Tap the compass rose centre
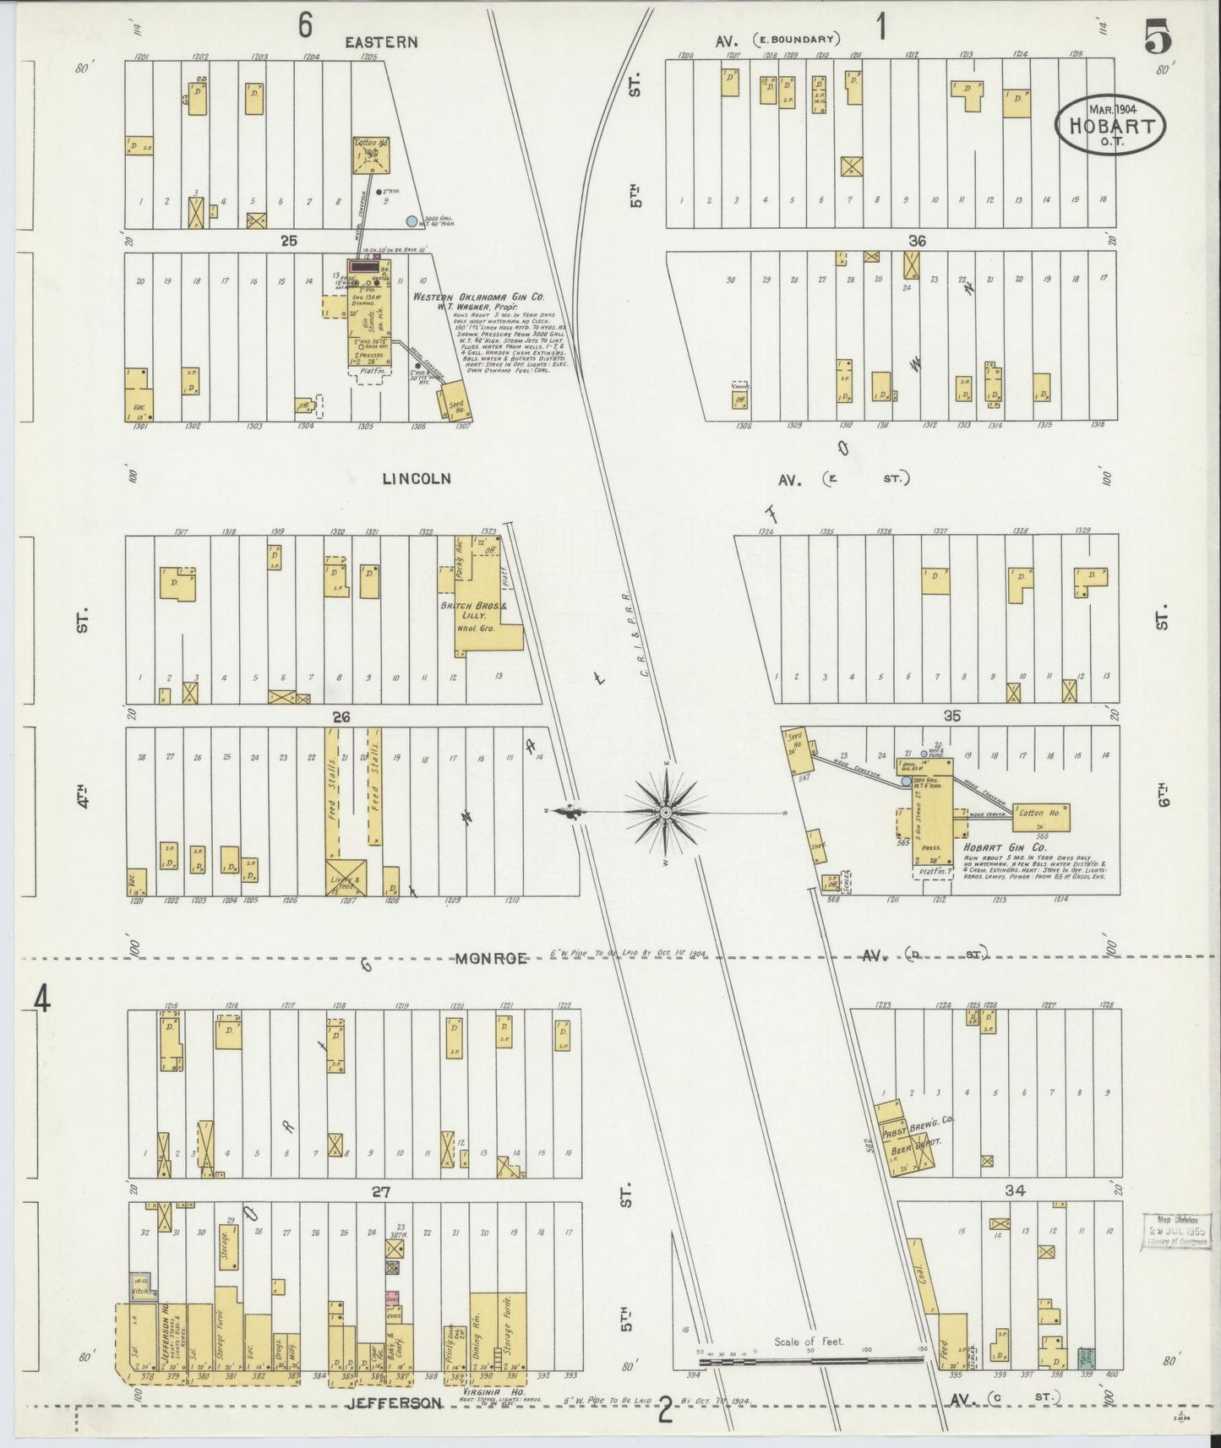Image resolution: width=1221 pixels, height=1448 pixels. tap(666, 812)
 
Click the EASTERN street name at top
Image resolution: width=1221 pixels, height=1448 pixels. tap(381, 42)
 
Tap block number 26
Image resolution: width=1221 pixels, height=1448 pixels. tap(341, 717)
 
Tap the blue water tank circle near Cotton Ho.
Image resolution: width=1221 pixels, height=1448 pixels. tap(412, 221)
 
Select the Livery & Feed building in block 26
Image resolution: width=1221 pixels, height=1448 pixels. tap(346, 880)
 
